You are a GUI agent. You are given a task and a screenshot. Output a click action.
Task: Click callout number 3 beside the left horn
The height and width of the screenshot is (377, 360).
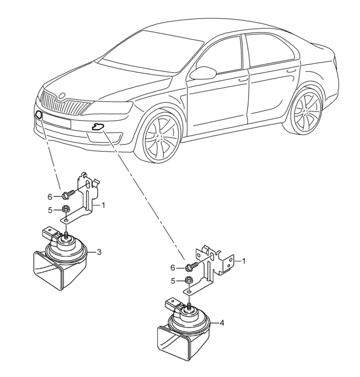click(99, 252)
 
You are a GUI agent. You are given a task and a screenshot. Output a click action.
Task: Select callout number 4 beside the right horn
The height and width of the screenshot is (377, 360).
click(222, 323)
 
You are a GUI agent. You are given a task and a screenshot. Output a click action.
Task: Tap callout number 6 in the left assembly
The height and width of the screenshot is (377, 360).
click(50, 197)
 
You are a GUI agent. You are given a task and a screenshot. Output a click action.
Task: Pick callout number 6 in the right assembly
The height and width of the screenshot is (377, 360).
click(173, 267)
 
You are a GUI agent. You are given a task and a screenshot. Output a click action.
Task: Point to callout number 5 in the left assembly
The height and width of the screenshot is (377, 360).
click(50, 210)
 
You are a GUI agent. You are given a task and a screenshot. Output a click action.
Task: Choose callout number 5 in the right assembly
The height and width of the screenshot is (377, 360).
click(173, 280)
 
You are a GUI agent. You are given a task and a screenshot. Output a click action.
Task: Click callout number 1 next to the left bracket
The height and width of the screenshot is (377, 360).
click(103, 205)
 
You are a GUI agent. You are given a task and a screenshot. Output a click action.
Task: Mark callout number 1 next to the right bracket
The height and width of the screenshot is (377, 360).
click(244, 261)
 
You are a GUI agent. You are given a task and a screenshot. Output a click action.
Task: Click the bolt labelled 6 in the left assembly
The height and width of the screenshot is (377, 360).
click(69, 195)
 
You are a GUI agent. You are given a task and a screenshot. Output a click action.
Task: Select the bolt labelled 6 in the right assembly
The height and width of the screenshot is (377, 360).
click(192, 266)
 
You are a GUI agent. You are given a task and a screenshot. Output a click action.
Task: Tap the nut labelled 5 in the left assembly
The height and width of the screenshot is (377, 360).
click(64, 209)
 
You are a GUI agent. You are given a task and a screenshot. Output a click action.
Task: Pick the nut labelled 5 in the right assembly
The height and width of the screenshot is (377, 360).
click(188, 280)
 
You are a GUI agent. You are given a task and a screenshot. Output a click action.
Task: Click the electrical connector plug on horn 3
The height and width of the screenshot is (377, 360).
click(50, 233)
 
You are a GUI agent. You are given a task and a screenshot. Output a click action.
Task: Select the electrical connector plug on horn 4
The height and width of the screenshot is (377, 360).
click(173, 305)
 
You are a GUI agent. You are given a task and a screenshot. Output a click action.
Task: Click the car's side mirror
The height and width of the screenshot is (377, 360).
click(203, 72)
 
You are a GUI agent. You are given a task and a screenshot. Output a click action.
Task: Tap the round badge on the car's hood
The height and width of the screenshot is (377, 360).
click(62, 96)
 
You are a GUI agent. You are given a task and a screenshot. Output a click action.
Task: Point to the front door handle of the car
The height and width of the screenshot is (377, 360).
click(243, 79)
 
